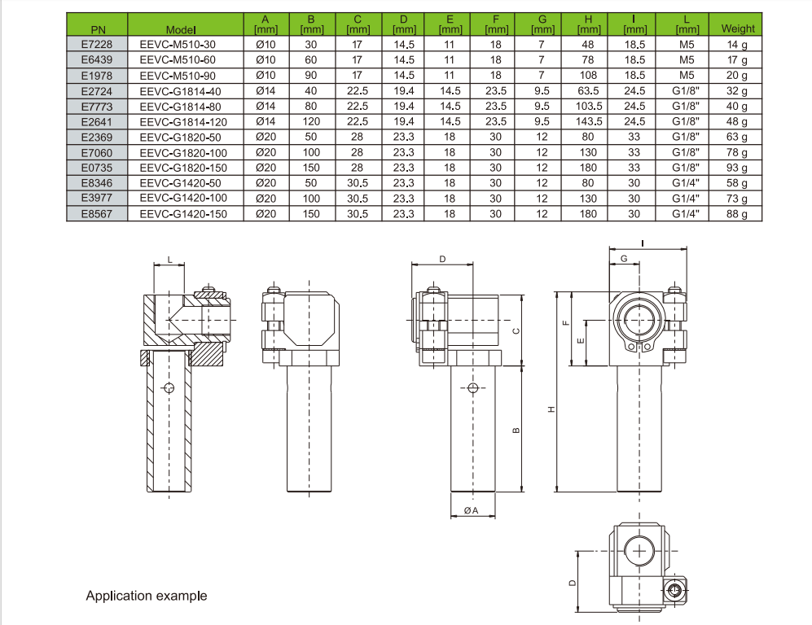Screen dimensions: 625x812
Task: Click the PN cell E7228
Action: pos(96,45)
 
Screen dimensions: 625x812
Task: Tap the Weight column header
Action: pos(737,28)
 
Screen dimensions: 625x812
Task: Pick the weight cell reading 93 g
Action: pos(737,168)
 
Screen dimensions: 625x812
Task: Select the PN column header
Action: pos(96,30)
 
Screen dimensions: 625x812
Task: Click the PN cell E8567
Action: pos(96,214)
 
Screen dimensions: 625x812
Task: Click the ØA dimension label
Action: pos(471,510)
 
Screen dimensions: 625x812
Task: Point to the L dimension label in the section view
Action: pos(169,259)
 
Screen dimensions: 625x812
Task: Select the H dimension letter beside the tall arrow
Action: pos(551,409)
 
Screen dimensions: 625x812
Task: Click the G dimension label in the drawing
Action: pos(624,258)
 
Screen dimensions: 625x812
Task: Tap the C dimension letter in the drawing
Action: pos(515,330)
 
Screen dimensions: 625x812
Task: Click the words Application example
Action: pos(147,596)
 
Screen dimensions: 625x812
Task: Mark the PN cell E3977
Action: pos(96,199)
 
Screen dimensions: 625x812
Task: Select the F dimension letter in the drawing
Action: pos(565,322)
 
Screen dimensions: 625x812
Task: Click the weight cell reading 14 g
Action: pos(737,45)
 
